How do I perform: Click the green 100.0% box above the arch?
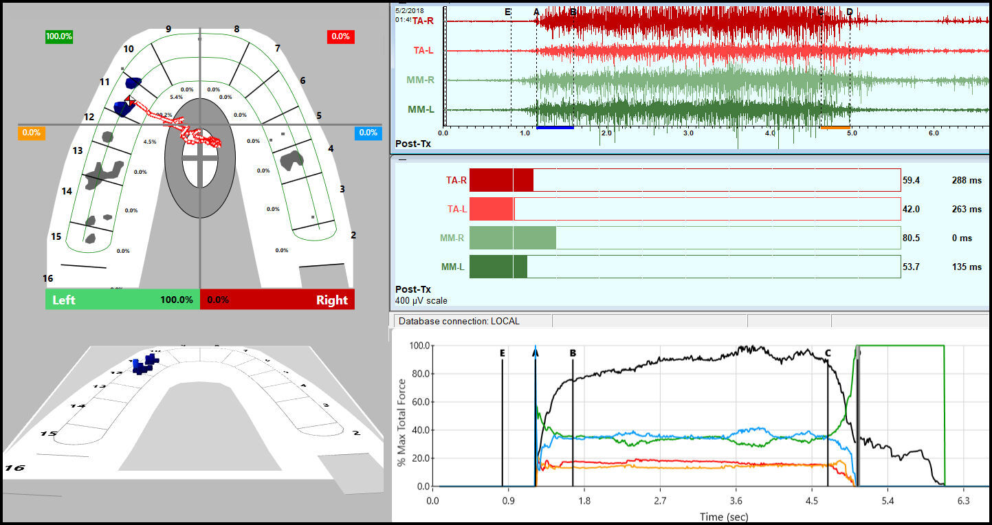coord(58,36)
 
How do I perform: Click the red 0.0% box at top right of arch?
coord(340,36)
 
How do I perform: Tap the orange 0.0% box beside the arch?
coord(32,133)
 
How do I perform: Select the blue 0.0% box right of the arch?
coord(368,133)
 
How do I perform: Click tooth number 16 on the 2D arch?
coord(47,278)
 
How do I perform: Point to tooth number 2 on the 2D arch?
coord(353,235)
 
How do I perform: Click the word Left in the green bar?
coord(64,300)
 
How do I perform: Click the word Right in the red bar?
coord(331,300)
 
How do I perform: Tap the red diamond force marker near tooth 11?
coord(131,100)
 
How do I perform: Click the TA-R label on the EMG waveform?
coord(423,21)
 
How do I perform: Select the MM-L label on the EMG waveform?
coord(421,109)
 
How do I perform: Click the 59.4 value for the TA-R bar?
coord(912,180)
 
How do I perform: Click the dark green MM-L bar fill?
coord(498,267)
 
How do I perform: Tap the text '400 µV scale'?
coord(421,300)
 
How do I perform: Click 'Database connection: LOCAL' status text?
coord(459,321)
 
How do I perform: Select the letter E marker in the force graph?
coord(503,353)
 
